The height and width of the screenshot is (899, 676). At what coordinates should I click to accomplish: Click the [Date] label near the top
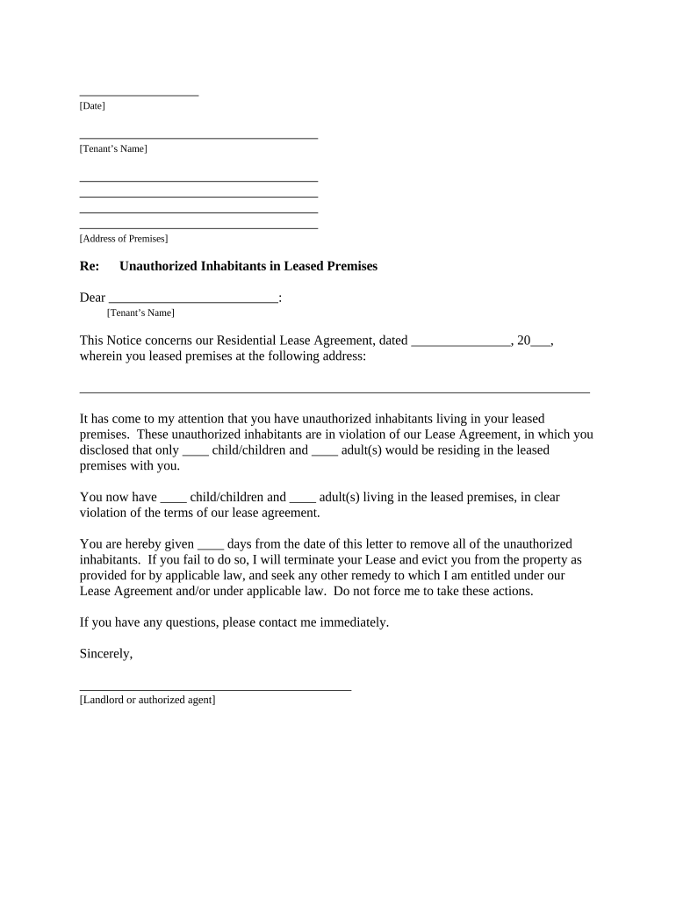pyautogui.click(x=92, y=106)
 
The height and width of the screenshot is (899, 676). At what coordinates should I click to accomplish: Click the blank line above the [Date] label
pyautogui.click(x=139, y=94)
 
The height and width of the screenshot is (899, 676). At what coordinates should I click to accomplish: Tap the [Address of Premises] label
pyautogui.click(x=124, y=239)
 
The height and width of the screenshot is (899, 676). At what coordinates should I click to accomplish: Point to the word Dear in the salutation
pyautogui.click(x=92, y=298)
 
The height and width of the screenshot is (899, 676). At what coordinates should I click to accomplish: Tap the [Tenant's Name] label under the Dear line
pyautogui.click(x=140, y=313)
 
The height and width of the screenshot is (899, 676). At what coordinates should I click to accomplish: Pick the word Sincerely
pyautogui.click(x=105, y=654)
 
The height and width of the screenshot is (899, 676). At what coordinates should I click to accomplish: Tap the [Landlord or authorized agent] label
pyautogui.click(x=147, y=701)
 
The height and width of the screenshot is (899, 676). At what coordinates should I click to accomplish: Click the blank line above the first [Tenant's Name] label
pyautogui.click(x=198, y=138)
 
